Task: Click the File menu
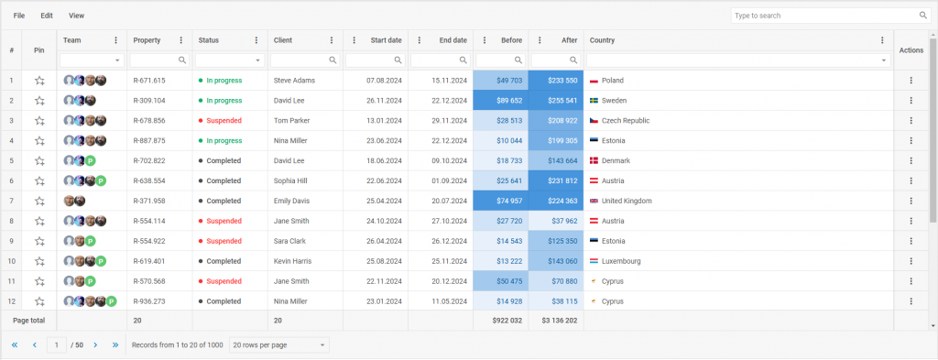point(19,16)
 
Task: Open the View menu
point(76,16)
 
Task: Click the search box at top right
point(824,16)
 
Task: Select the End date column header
point(453,40)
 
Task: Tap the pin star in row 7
point(39,201)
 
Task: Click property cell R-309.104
point(149,101)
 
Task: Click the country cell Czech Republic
point(626,121)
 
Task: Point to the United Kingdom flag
point(594,201)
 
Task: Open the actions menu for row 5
point(911,160)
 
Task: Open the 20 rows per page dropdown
point(278,344)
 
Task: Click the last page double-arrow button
point(115,344)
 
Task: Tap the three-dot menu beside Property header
point(181,40)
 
